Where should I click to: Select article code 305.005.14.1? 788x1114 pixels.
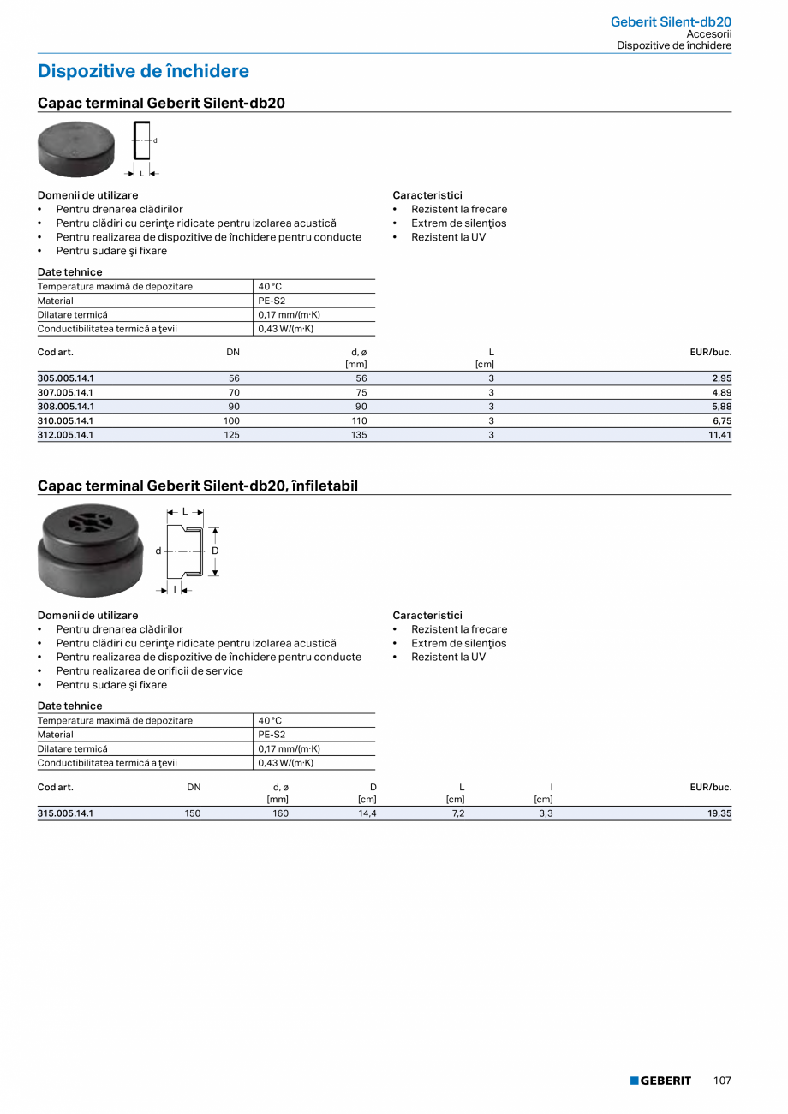point(66,378)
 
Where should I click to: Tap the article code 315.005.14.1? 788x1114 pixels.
point(66,813)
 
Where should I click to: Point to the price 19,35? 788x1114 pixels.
point(719,813)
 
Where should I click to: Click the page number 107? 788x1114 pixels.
point(722,1081)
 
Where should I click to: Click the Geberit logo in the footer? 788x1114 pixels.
point(660,1081)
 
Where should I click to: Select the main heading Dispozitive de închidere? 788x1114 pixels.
point(143,71)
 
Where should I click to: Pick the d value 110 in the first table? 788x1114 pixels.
point(359,420)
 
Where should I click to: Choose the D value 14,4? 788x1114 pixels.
point(367,813)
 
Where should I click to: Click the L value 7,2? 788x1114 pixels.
point(458,813)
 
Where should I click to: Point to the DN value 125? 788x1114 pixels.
point(231,435)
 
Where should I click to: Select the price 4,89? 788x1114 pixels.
point(722,392)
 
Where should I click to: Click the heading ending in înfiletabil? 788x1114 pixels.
point(198,486)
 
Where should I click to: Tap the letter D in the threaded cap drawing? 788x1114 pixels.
point(216,551)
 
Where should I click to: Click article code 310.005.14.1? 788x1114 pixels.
point(66,420)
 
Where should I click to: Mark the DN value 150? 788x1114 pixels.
point(193,813)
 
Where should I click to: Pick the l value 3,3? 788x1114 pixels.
point(546,813)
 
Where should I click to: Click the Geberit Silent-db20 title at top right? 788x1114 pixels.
point(671,21)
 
